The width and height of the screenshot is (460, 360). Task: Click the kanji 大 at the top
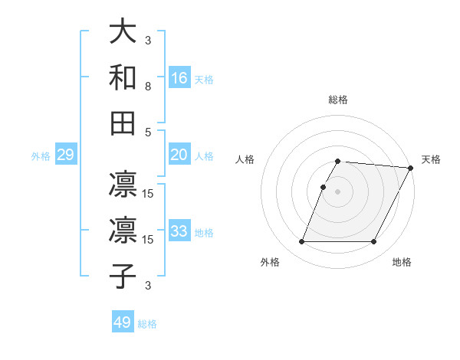[x=123, y=31]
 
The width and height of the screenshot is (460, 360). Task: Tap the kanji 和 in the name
[x=123, y=77]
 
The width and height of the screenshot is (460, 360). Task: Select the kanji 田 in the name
[x=123, y=122]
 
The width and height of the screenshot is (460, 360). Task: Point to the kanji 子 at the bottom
[x=123, y=275]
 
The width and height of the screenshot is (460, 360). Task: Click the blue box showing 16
[x=179, y=78]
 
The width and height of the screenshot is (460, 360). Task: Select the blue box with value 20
[x=179, y=155]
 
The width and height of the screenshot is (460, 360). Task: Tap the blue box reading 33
[x=179, y=231]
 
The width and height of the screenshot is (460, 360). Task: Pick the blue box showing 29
[x=65, y=155]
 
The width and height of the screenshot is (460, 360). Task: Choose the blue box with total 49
[x=123, y=322]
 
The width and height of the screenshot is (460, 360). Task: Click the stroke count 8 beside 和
[x=148, y=87]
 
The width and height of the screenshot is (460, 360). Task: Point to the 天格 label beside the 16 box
[x=204, y=79]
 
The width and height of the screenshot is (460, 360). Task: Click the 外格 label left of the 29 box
[x=41, y=156]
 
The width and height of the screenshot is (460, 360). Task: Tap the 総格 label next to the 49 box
[x=147, y=323]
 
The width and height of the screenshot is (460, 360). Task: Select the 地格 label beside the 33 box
[x=204, y=232]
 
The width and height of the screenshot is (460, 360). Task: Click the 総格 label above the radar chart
[x=338, y=100]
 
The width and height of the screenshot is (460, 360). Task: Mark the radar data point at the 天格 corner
[x=412, y=168]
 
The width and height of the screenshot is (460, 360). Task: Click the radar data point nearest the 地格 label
[x=374, y=242]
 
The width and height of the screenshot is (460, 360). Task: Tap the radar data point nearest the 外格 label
[x=301, y=242]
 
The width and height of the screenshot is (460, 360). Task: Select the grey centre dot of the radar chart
[x=338, y=191]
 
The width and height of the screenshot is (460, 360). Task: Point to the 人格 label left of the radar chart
[x=245, y=159]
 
